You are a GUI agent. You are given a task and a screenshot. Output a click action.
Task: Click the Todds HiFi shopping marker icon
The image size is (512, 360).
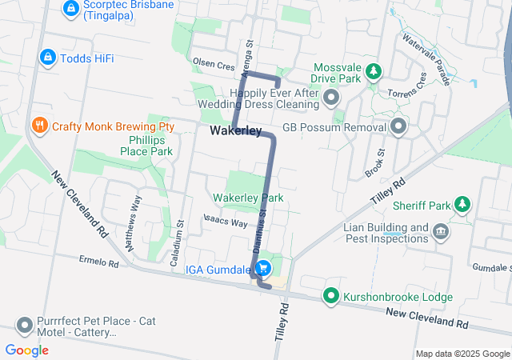(47, 58)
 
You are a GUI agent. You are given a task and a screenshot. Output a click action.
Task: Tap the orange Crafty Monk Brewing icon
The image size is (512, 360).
(38, 126)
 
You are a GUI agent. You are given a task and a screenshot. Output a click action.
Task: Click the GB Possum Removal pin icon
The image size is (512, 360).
(399, 126)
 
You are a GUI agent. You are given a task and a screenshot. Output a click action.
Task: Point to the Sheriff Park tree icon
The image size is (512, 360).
(462, 206)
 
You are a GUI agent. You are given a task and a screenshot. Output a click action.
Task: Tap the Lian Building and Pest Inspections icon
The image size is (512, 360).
(439, 232)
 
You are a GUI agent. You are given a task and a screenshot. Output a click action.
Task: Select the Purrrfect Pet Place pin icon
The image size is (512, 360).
(25, 326)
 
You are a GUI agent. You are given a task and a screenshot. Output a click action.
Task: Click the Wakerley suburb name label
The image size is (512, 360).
(236, 130)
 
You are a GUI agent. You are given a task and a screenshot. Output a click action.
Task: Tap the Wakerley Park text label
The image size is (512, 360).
(248, 198)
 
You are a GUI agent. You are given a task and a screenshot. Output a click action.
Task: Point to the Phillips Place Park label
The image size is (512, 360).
(146, 145)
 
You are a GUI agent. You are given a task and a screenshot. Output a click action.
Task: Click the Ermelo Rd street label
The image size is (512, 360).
(99, 262)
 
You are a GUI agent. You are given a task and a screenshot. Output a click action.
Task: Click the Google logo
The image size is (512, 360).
(27, 350)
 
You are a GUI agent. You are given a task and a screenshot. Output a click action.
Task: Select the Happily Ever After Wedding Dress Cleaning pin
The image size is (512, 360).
(332, 98)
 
